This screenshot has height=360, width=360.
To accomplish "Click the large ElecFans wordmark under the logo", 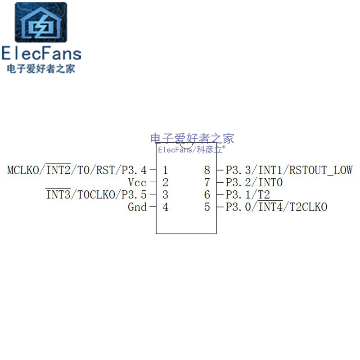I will pos(41,54).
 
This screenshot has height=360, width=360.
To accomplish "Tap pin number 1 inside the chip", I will pos(166,171).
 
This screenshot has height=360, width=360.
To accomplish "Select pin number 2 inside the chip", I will pos(166,183).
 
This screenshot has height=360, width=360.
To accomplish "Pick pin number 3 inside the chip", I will pos(166,195).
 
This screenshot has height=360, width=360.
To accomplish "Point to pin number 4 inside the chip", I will pos(166,207).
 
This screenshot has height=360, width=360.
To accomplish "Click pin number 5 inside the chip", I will pos(207,207).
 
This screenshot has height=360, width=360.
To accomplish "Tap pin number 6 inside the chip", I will pos(207,195).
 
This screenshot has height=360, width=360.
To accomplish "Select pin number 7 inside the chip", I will pos(207,183).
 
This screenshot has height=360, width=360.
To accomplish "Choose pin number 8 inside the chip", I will pos(207,171).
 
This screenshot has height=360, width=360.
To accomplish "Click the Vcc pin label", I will pos(137,183).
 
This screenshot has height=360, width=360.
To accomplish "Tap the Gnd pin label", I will pos(137,207).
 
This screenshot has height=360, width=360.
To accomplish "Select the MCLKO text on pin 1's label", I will pos(24,171).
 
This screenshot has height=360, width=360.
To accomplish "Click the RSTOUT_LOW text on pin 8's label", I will pos(321,171).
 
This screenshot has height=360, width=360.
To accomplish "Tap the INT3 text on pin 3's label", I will pos(58,195).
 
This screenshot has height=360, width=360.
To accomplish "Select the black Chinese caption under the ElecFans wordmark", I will pos(41,69).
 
